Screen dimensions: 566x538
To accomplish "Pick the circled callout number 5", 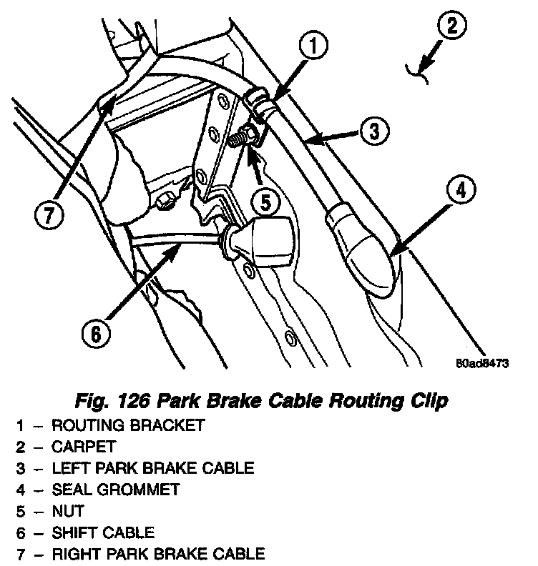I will [266, 203].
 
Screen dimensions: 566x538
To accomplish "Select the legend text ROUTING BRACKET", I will [128, 425].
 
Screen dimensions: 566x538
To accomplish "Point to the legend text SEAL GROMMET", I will [116, 490].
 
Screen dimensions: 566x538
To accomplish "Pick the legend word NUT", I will [68, 511].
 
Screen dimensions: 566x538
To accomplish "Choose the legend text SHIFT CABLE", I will [103, 532].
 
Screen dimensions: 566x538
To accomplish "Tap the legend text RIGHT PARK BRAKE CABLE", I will [158, 554].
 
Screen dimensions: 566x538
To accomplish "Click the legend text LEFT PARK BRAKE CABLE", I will [152, 468].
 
